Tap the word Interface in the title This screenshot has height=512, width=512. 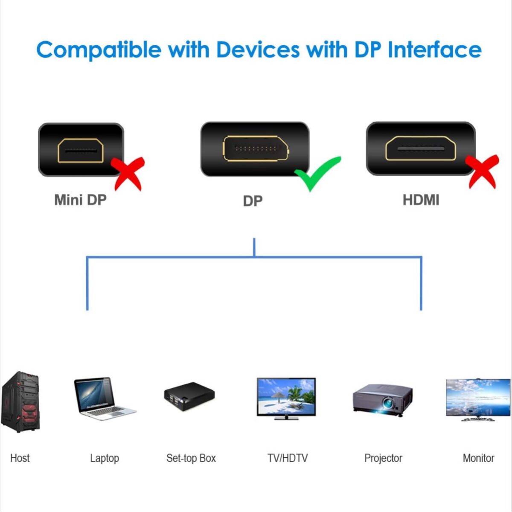[435, 49]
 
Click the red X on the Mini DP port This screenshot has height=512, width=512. [128, 174]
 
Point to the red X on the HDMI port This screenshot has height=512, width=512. [481, 172]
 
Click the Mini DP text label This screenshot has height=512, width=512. [80, 200]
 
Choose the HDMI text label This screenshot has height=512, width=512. [421, 200]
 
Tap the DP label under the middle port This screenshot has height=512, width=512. [253, 201]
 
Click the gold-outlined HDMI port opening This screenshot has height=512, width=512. [421, 148]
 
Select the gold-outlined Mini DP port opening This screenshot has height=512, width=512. [81, 150]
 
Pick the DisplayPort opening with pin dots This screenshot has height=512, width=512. [256, 148]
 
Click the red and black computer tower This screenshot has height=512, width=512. [20, 402]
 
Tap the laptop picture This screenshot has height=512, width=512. [105, 398]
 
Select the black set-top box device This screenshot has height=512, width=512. [189, 396]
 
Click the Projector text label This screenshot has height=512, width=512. [383, 458]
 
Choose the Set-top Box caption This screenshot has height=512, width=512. [191, 458]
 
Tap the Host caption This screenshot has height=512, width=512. [20, 458]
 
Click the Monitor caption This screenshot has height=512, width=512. [478, 458]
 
